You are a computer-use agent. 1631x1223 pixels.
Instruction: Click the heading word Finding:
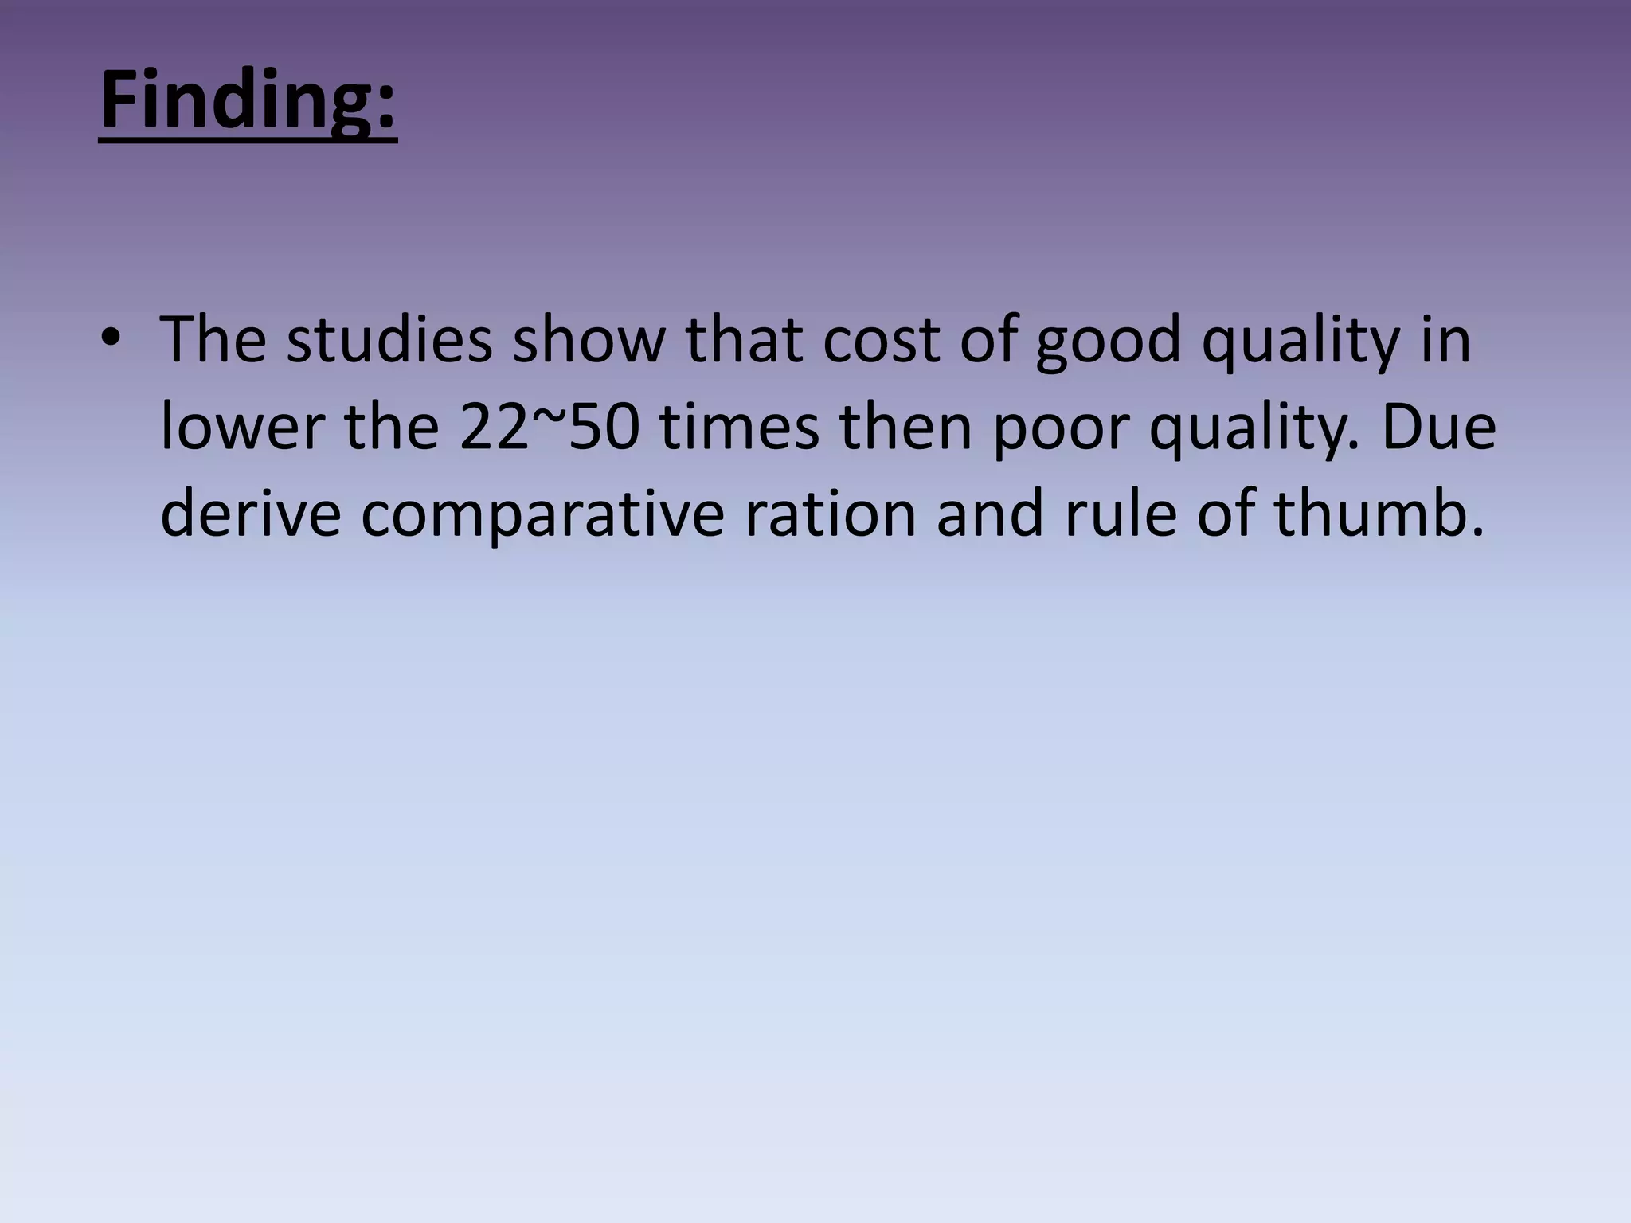[x=248, y=101]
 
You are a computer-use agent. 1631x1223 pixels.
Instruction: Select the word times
[x=740, y=428]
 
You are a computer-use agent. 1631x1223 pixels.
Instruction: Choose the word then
[x=906, y=428]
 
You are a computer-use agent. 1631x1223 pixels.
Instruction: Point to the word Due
[x=1437, y=428]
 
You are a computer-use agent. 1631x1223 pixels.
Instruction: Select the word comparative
[x=542, y=516]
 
